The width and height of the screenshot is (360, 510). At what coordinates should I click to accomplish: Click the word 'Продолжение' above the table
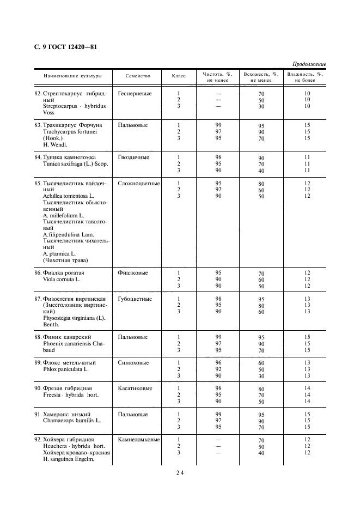coord(309,64)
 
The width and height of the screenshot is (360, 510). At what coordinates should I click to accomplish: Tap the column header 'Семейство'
coord(138,76)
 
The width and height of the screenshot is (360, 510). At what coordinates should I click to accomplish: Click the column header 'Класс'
coord(179,76)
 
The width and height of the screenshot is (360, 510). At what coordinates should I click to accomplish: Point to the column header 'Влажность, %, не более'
coord(305,77)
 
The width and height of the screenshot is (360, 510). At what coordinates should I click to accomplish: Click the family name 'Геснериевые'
coord(135,94)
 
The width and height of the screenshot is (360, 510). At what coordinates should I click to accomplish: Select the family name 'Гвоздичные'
coord(133,157)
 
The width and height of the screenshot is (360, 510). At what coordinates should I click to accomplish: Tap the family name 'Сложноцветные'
coord(139,184)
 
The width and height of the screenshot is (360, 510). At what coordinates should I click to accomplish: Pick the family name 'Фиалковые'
coord(132,272)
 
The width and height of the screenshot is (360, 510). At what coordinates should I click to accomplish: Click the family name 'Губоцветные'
coord(135,299)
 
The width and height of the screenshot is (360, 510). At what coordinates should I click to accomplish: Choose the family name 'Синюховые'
coord(133,362)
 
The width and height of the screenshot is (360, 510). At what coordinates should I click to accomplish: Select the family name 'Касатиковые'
coord(135,388)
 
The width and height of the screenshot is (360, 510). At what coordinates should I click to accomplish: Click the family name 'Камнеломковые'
coord(139,440)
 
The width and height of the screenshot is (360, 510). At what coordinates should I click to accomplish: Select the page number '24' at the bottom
coord(180,472)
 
